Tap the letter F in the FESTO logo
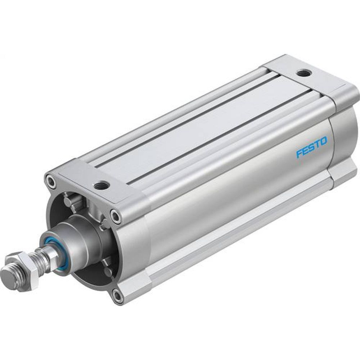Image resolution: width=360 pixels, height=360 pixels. click(x=299, y=154)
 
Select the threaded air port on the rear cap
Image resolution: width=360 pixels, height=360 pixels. click(x=301, y=73)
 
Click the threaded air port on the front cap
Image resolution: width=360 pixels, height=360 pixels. click(x=99, y=186)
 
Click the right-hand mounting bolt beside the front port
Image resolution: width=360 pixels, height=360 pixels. click(x=116, y=216)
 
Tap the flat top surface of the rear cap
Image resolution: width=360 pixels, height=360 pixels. click(x=310, y=77)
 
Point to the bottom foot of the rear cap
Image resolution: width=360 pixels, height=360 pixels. click(x=342, y=172)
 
